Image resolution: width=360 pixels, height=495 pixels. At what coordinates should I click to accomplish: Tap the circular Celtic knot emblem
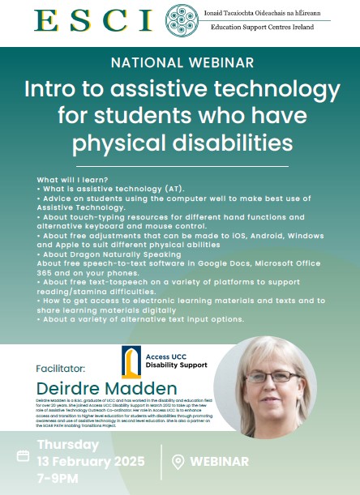coord(181,20)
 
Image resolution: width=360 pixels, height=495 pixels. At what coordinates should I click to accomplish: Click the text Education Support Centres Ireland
coord(261,28)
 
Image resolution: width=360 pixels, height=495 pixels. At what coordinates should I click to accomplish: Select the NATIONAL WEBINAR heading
coord(180,61)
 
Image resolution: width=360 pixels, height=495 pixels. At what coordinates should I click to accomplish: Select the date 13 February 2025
coord(91,462)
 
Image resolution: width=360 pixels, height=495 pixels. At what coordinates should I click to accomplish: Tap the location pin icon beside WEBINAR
coord(178,462)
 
